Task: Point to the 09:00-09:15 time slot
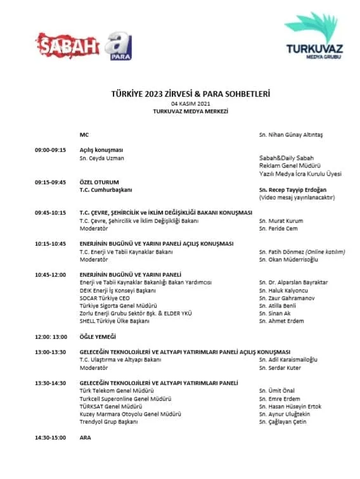point(50,150)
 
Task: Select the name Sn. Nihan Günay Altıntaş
point(291,135)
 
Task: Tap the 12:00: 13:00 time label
point(51,336)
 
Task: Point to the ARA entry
point(85,437)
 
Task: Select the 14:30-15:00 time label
point(50,437)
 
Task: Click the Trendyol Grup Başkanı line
point(108,421)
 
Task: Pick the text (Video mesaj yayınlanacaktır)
point(297,197)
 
